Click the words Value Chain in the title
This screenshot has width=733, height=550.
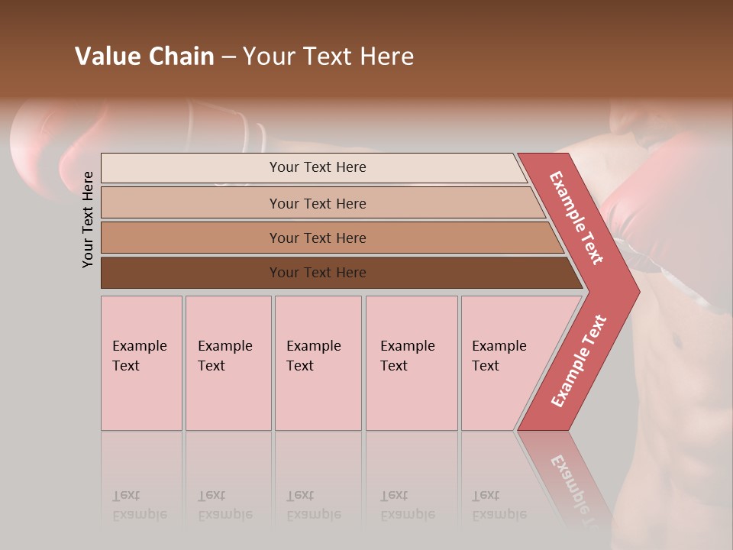[144, 57]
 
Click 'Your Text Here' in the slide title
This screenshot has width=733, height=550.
[328, 57]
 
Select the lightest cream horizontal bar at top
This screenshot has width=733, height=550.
[191, 168]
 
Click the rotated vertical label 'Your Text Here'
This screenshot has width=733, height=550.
[88, 219]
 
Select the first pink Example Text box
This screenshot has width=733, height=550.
[141, 363]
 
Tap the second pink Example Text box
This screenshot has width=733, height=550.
[228, 363]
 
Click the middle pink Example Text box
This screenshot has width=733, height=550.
[318, 363]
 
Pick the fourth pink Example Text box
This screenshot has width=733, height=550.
[412, 363]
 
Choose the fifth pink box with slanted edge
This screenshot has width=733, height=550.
[500, 363]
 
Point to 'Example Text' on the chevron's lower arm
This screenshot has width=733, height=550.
[579, 361]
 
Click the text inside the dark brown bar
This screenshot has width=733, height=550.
[318, 273]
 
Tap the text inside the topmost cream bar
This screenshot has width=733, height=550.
[318, 167]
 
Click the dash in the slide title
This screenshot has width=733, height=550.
[228, 57]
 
